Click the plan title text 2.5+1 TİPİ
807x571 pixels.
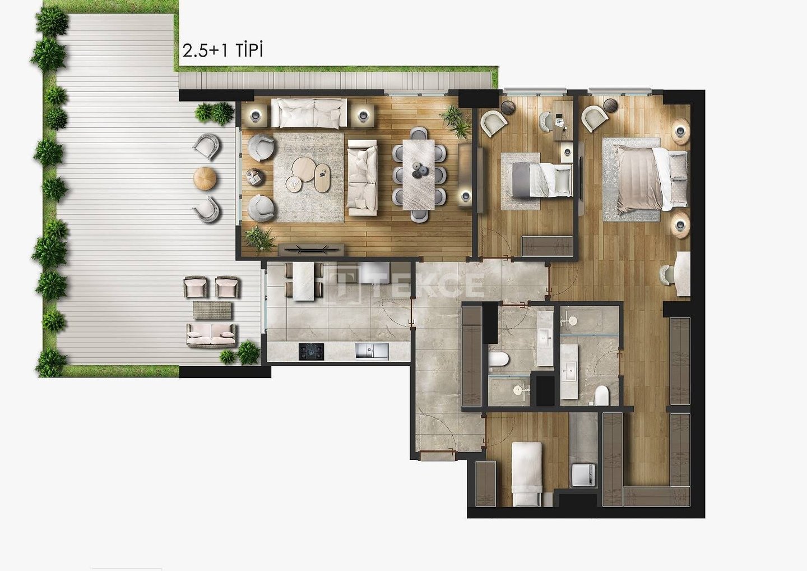(x=222, y=50)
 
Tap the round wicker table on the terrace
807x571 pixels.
(x=205, y=178)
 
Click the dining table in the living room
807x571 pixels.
(x=419, y=174)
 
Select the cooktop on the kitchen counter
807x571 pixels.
(x=312, y=352)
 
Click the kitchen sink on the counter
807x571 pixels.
(x=372, y=352)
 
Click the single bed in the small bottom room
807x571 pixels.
(x=527, y=473)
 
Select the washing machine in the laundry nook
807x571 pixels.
(x=583, y=475)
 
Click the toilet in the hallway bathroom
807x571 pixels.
(x=499, y=358)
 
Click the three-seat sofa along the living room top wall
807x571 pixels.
(x=309, y=113)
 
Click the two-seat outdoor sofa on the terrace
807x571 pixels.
(x=211, y=335)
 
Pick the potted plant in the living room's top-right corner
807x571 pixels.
(x=456, y=121)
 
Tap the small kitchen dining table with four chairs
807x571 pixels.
(x=303, y=281)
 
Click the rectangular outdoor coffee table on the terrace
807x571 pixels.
(x=212, y=310)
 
